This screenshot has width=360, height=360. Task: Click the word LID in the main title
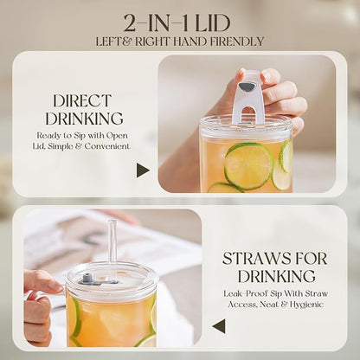213,23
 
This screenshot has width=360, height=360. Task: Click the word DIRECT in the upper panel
82,101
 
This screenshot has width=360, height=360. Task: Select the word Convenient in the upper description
107,146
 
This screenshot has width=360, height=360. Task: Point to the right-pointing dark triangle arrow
143,170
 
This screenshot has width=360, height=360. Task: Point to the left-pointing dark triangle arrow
218,326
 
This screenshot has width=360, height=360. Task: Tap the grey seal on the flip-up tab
247,87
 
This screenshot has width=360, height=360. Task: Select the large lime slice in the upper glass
248,166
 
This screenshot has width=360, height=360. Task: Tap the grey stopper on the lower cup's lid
87,279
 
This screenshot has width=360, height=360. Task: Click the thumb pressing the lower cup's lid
47,280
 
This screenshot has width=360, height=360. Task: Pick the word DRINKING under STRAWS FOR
276,276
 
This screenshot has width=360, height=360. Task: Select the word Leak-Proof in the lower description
246,294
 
